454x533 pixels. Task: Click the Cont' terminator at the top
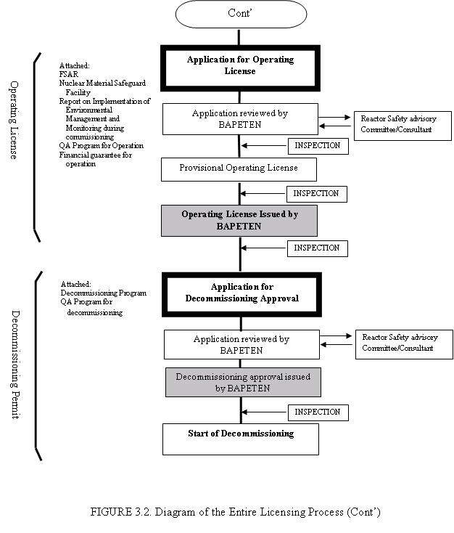[x=241, y=14]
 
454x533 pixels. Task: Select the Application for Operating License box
[x=240, y=68]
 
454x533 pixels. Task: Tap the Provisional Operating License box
[x=239, y=169]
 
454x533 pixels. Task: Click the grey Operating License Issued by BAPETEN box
[x=239, y=220]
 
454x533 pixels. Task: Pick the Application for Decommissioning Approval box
[x=242, y=294]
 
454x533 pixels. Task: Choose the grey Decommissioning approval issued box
[x=243, y=382]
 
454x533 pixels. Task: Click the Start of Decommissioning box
[x=240, y=439]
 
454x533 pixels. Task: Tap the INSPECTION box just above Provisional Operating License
[x=318, y=146]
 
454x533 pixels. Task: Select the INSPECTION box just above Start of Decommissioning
[x=318, y=412]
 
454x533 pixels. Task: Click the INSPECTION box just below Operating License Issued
[x=317, y=248]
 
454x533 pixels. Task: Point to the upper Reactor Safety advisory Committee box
[x=403, y=126]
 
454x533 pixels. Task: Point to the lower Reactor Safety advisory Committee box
[x=404, y=344]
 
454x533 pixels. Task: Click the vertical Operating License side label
[x=13, y=120]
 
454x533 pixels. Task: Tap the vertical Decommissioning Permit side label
[x=15, y=365]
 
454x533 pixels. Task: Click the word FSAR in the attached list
[x=69, y=74]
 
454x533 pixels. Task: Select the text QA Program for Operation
[x=102, y=146]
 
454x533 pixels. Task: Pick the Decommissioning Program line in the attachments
[x=104, y=293]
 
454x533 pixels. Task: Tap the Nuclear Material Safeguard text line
[x=102, y=84]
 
